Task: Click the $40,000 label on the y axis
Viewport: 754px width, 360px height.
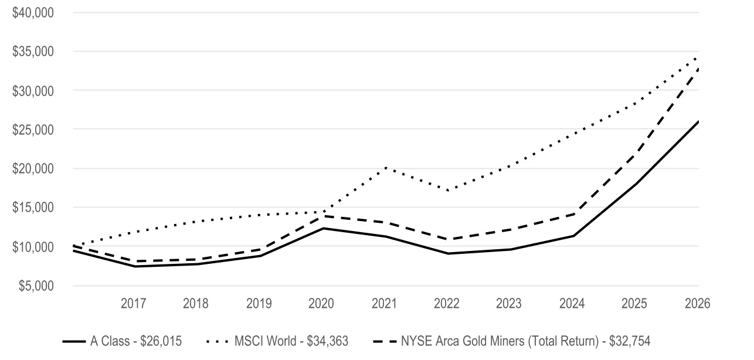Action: [x=33, y=13]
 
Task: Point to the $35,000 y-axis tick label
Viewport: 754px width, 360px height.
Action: [x=33, y=52]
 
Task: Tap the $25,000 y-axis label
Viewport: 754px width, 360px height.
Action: [x=33, y=130]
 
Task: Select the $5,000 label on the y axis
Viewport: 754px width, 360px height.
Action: [x=36, y=286]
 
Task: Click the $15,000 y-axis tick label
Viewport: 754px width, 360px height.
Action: [x=33, y=208]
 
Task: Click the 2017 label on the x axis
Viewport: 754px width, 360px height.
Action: [x=133, y=304]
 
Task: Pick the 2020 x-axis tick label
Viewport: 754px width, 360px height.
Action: [x=321, y=304]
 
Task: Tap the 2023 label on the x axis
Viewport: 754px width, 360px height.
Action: [x=508, y=304]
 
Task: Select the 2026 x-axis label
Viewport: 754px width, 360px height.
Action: [x=698, y=304]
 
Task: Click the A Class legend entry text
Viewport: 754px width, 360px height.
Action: [x=136, y=341]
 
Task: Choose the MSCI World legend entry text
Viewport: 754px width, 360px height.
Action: [x=291, y=341]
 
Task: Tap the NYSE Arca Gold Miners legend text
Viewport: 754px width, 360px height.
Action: [x=525, y=341]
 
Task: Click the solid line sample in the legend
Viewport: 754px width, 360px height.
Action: [x=74, y=342]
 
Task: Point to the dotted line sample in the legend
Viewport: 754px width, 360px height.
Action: [x=217, y=342]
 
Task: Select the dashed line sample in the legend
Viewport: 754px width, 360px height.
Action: [x=385, y=342]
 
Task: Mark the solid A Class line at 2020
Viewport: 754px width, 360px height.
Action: [x=323, y=228]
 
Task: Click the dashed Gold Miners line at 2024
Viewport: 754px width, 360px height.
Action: [x=573, y=214]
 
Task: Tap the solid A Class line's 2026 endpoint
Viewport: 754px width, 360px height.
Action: [x=698, y=121]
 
